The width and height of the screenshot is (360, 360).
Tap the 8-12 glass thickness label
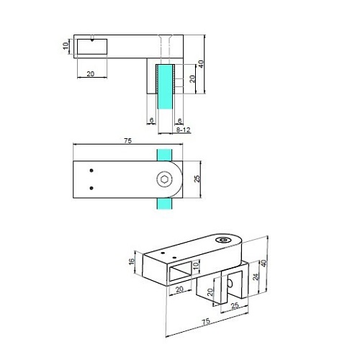click(183, 130)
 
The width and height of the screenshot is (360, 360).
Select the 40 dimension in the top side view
click(201, 64)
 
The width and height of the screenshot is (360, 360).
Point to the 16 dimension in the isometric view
click(132, 261)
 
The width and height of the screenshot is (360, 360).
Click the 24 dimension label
click(256, 276)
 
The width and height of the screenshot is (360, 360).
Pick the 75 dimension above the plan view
click(128, 140)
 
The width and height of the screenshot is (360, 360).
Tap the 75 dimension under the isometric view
click(206, 322)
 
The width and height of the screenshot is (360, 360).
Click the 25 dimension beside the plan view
click(197, 179)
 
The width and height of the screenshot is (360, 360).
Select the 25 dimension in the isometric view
click(235, 305)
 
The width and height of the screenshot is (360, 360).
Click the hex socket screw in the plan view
click(165, 179)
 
